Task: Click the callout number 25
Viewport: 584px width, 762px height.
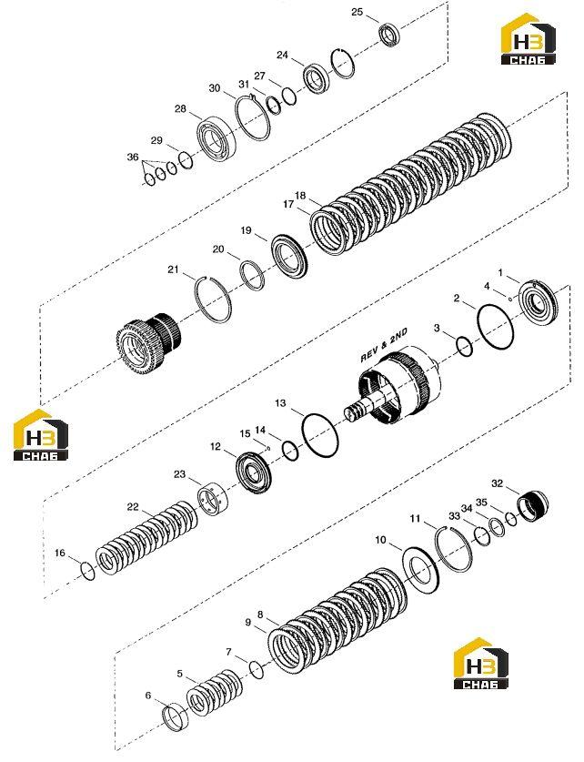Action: tap(357, 12)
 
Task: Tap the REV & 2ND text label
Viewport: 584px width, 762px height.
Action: tap(384, 345)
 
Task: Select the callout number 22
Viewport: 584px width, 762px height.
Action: tap(133, 507)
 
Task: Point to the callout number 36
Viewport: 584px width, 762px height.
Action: tap(133, 157)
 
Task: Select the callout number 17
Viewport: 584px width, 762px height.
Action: tap(288, 204)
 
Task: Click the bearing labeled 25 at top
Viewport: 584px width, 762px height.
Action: tap(390, 35)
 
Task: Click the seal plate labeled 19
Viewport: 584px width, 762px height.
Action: tap(289, 256)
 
